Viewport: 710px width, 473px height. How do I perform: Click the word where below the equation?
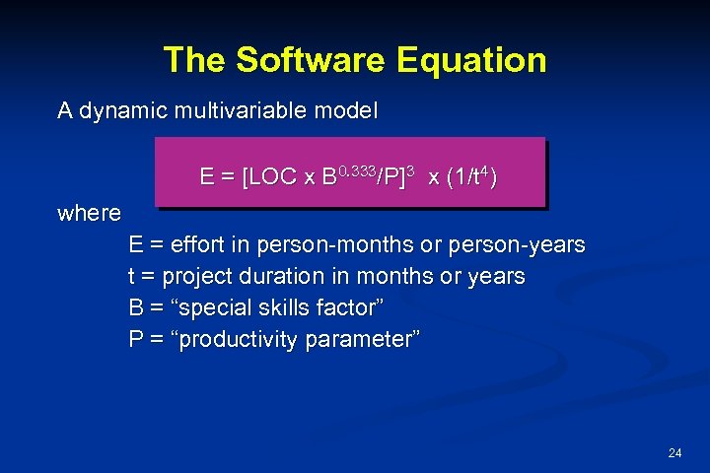89,213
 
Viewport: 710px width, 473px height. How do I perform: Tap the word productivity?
234,340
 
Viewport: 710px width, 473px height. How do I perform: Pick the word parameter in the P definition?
362,340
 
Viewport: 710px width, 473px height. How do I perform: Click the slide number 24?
674,453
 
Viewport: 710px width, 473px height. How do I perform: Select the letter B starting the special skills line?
136,307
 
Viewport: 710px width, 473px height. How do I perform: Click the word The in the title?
195,60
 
